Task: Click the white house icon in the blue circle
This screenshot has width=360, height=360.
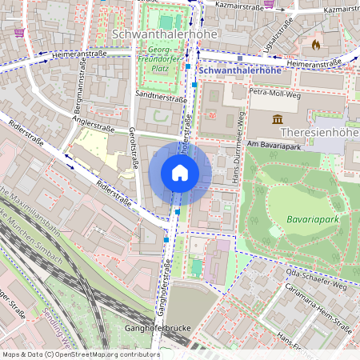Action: [180, 173]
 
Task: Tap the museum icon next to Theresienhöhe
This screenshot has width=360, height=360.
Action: [278, 120]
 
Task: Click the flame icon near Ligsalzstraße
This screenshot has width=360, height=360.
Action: [315, 45]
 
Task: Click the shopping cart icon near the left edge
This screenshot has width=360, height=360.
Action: [18, 33]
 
